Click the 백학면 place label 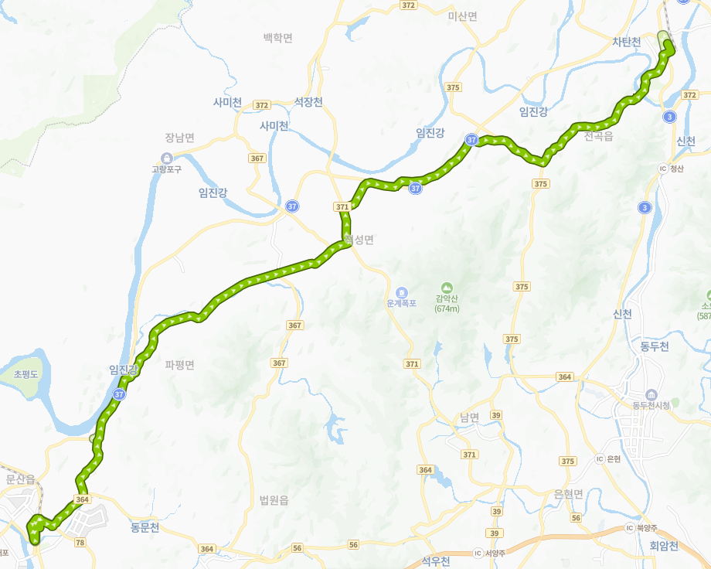coord(278,37)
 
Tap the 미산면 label coord(463,15)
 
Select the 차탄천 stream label coord(627,42)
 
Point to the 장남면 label coord(179,138)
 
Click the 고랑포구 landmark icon coord(166,158)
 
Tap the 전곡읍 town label coord(599,137)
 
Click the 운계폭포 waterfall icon coord(402,292)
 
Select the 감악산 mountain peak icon coord(447,288)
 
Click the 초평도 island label coord(29,374)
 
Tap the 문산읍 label coord(21,479)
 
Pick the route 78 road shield coord(80,543)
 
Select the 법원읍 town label coord(274,500)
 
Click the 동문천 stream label coord(145,528)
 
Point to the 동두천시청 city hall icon coord(651,394)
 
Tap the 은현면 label coord(569,494)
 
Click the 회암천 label coord(664,546)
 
